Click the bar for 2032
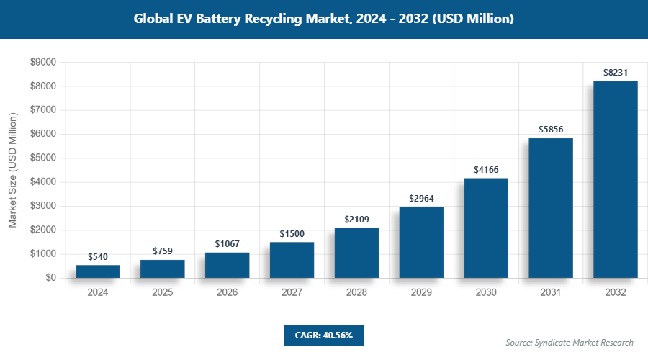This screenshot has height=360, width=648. (616, 179)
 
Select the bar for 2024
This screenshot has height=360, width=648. (98, 271)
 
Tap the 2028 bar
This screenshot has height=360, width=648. (356, 253)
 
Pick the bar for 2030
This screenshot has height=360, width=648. (486, 228)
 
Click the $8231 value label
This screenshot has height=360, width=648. (616, 73)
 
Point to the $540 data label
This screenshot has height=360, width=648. (98, 256)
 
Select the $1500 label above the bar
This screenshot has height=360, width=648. (292, 234)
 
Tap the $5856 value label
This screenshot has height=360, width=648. (551, 130)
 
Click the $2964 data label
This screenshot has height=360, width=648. (421, 199)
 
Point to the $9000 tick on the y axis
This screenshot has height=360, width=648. (42, 63)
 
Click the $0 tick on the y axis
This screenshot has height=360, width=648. (50, 278)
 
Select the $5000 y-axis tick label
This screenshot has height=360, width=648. (42, 158)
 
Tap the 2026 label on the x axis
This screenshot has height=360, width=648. (227, 293)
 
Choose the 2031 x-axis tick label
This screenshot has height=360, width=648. (551, 293)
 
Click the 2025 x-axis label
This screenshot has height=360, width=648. (163, 293)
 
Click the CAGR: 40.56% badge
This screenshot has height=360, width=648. (324, 336)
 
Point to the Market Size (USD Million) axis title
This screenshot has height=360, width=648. (12, 170)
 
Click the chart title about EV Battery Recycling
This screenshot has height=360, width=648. (324, 19)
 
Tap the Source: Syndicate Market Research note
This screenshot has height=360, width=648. (569, 342)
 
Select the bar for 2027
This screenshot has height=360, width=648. (292, 260)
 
